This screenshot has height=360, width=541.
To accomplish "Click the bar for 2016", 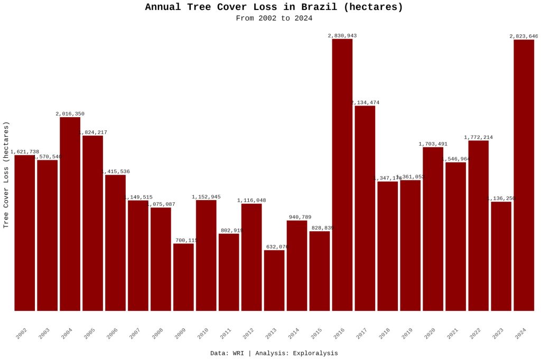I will click(342, 174).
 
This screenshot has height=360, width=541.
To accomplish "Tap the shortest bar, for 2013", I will click(274, 280).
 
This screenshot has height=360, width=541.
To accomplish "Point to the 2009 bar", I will click(183, 277).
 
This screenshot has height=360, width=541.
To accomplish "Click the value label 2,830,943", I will click(342, 36).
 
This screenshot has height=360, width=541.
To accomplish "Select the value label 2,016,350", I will click(70, 114).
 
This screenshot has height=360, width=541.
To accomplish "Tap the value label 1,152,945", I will click(206, 197).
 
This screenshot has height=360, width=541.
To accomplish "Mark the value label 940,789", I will click(297, 217).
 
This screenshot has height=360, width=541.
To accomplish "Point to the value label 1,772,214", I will click(478, 138).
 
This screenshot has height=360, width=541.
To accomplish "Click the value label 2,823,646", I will click(524, 36).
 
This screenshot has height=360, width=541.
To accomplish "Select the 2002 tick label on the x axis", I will click(22, 334).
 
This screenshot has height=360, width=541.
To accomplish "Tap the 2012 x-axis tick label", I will click(248, 334).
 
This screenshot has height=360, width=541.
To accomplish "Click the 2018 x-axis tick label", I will click(385, 334).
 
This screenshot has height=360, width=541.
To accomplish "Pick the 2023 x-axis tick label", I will click(498, 334).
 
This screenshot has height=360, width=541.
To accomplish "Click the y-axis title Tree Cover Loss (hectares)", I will click(6, 174).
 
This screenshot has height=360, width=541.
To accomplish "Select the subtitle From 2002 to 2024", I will click(274, 18).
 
